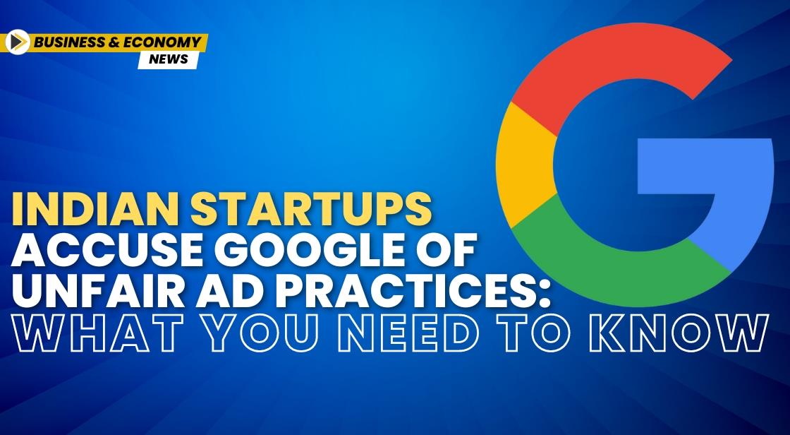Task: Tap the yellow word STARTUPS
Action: pos(311,209)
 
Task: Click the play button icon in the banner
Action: pos(18,42)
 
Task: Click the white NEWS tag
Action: pos(169,59)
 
